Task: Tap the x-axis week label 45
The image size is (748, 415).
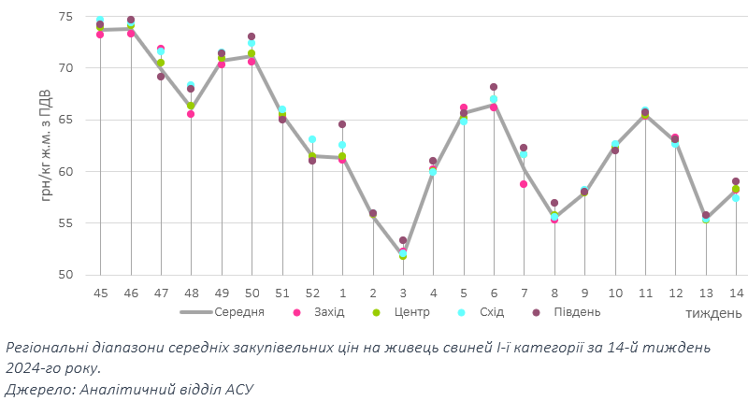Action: [100, 293]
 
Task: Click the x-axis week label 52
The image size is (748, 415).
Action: [311, 293]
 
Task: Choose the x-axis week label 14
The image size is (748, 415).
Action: [736, 293]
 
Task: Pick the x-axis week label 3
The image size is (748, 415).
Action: [403, 293]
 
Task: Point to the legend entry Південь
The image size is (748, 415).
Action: [574, 311]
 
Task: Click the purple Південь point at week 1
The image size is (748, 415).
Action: [342, 124]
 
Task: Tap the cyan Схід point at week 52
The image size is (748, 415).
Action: [311, 139]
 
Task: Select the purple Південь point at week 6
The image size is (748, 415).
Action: [494, 87]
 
